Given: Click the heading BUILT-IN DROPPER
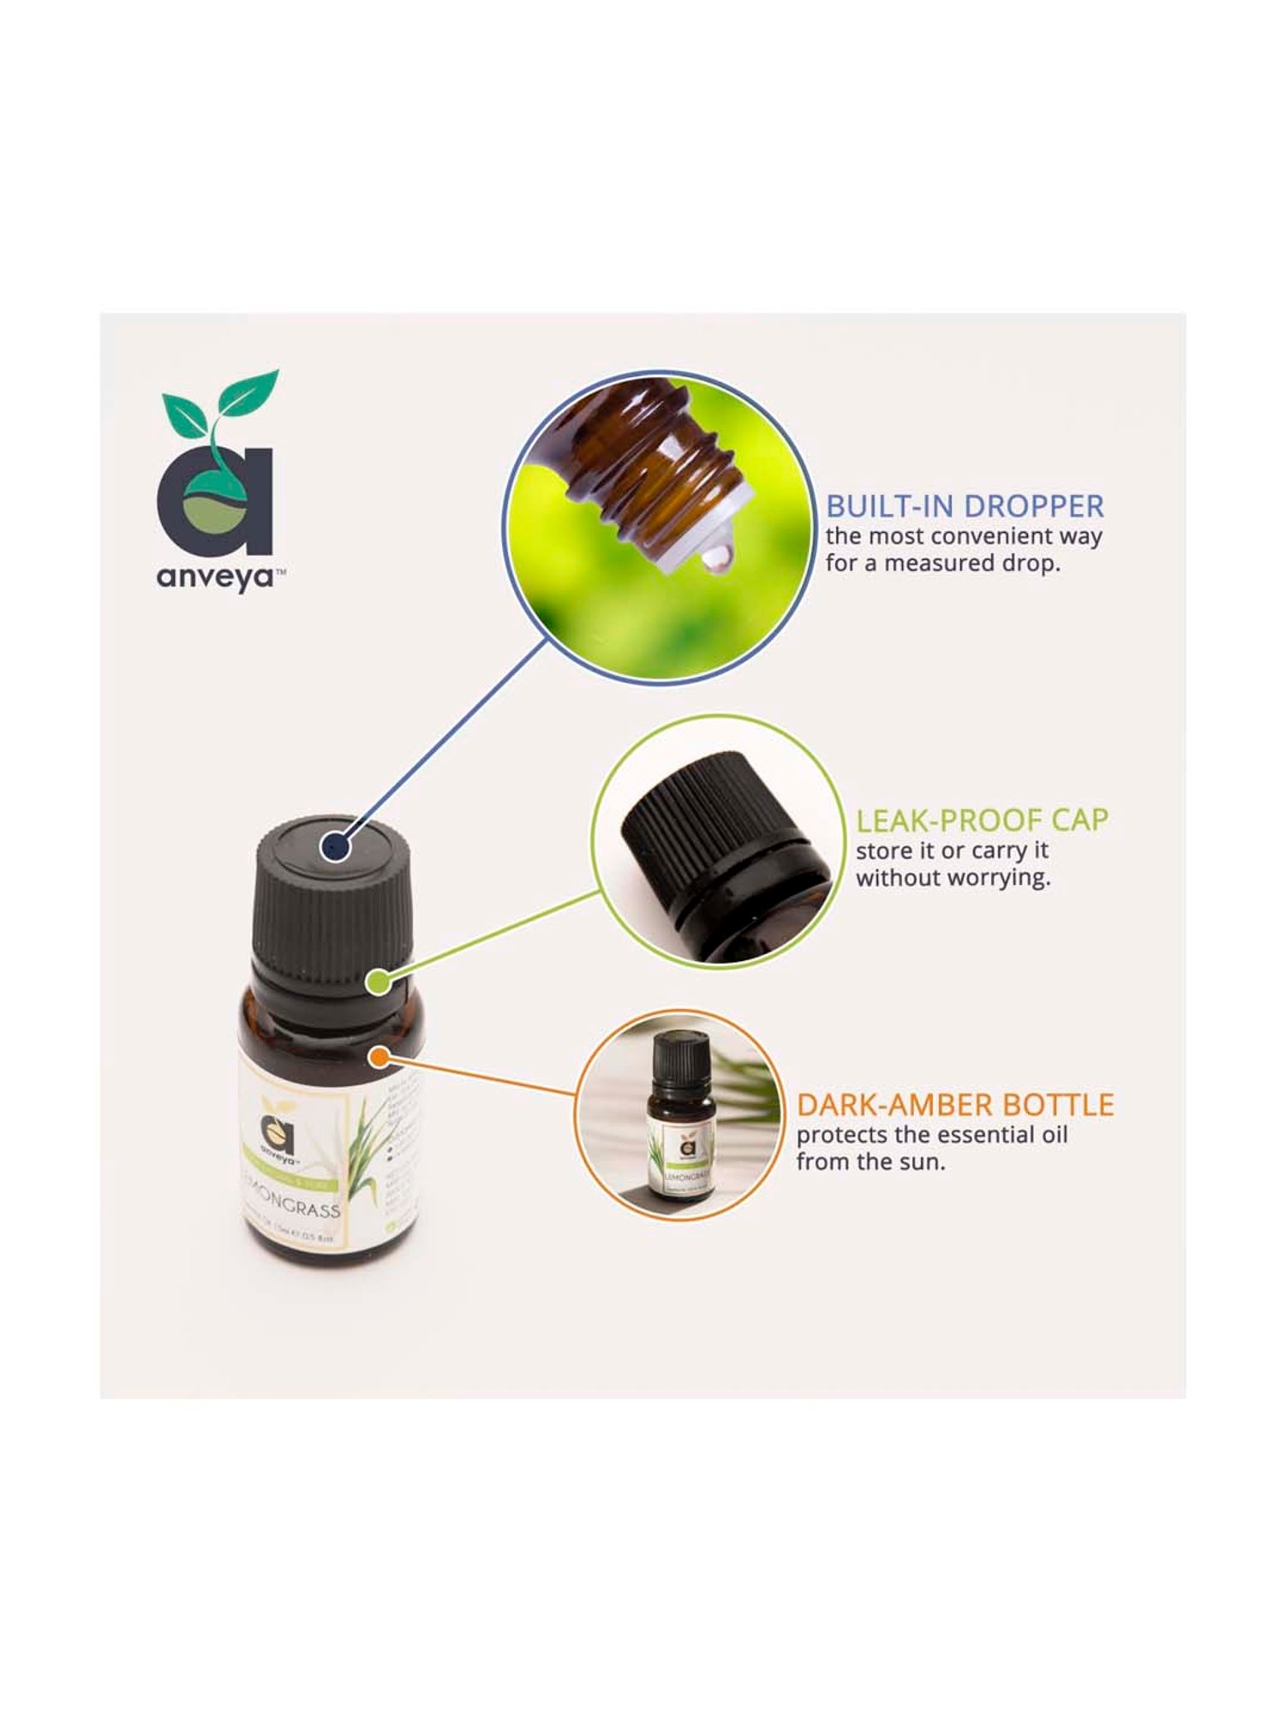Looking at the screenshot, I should click(x=965, y=506).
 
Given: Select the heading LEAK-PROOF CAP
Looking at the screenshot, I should click(x=982, y=821).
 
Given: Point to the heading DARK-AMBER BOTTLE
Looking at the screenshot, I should click(x=954, y=1105).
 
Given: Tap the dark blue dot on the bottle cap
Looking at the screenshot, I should click(x=334, y=847).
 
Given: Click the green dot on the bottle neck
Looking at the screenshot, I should click(x=378, y=982).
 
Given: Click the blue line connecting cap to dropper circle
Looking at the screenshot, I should click(x=445, y=742).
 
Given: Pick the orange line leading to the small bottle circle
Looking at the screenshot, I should click(x=480, y=1076).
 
